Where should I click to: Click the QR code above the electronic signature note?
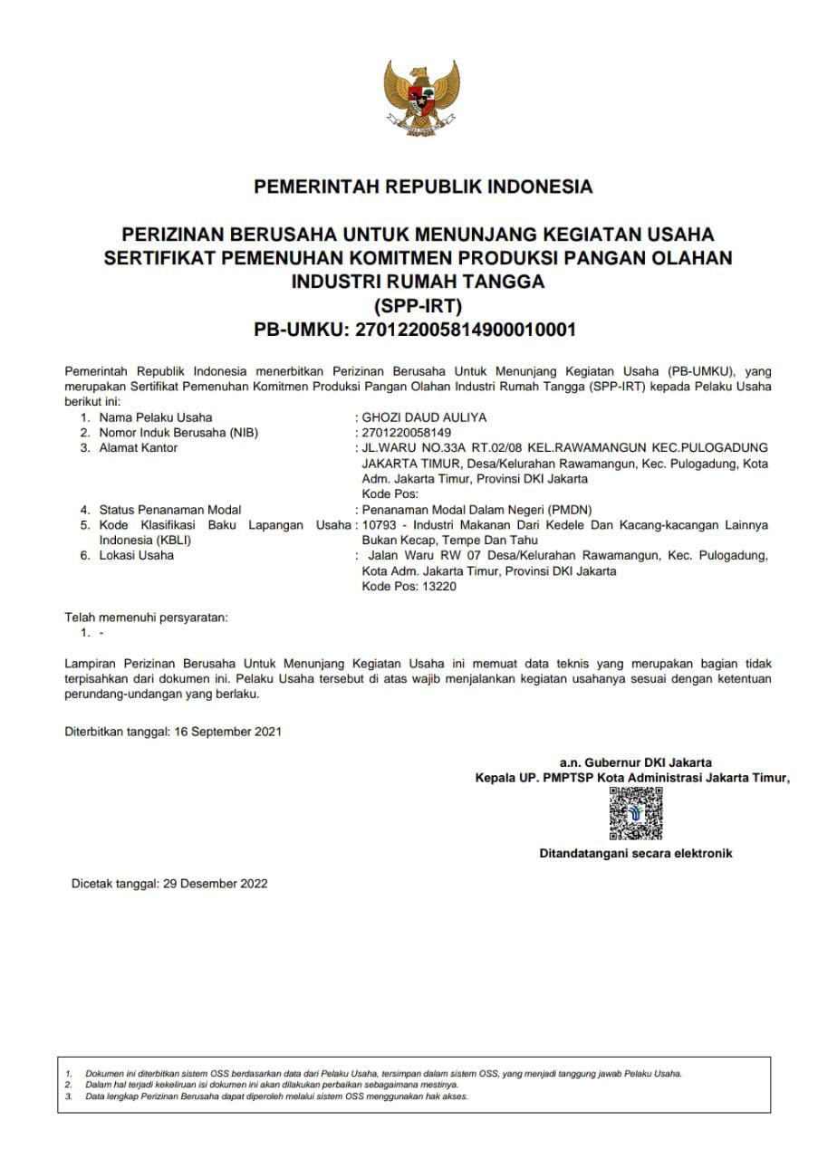(635, 812)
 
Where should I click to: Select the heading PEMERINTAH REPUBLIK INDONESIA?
(423, 187)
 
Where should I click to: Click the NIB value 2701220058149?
(400, 433)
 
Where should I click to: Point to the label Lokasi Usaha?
(136, 555)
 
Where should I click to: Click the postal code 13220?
(438, 586)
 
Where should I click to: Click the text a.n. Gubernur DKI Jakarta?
(636, 762)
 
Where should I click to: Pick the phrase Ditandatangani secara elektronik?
(636, 853)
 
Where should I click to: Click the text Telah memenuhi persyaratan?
(147, 618)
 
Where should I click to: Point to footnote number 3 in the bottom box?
(69, 1096)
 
